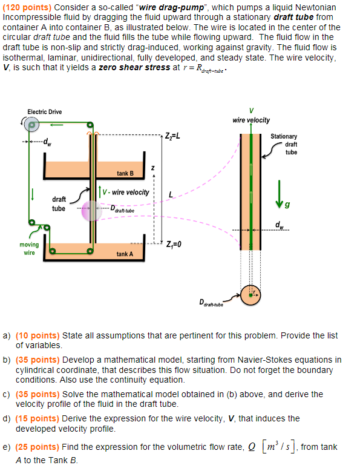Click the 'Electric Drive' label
pyautogui.click(x=44, y=111)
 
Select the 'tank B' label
pyautogui.click(x=125, y=174)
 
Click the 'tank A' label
pyautogui.click(x=125, y=254)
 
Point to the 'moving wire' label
pyautogui.click(x=29, y=249)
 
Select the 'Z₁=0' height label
pyautogui.click(x=174, y=245)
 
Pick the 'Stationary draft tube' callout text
pyautogui.click(x=284, y=144)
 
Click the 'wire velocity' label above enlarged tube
pyautogui.click(x=251, y=120)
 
